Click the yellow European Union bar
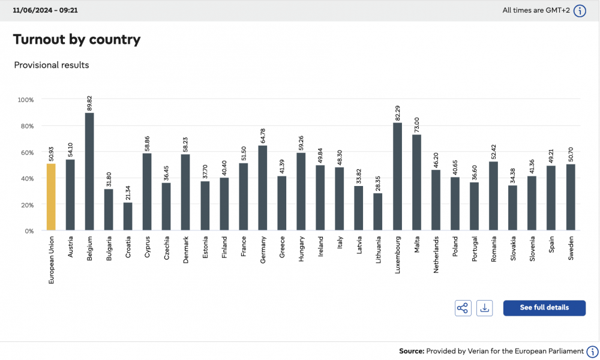pos(51,197)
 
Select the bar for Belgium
pos(89,172)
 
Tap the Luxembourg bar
pos(398,176)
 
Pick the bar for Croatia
pos(128,216)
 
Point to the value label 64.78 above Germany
pos(263,136)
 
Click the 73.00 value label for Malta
pos(417,125)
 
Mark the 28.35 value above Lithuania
pos(378,184)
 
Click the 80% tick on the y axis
pos(27,126)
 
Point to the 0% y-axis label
pos(29,231)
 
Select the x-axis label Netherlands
pos(436,254)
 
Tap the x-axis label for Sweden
pos(571,248)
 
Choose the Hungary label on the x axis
pos(301,248)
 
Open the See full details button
pos(544,308)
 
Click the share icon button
pos(463,308)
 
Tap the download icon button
pos(484,308)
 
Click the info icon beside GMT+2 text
pos(580,11)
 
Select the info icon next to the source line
pos(592,351)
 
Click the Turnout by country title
pos(77,40)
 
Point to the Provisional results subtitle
pos(51,65)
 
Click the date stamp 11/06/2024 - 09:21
pos(45,10)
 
